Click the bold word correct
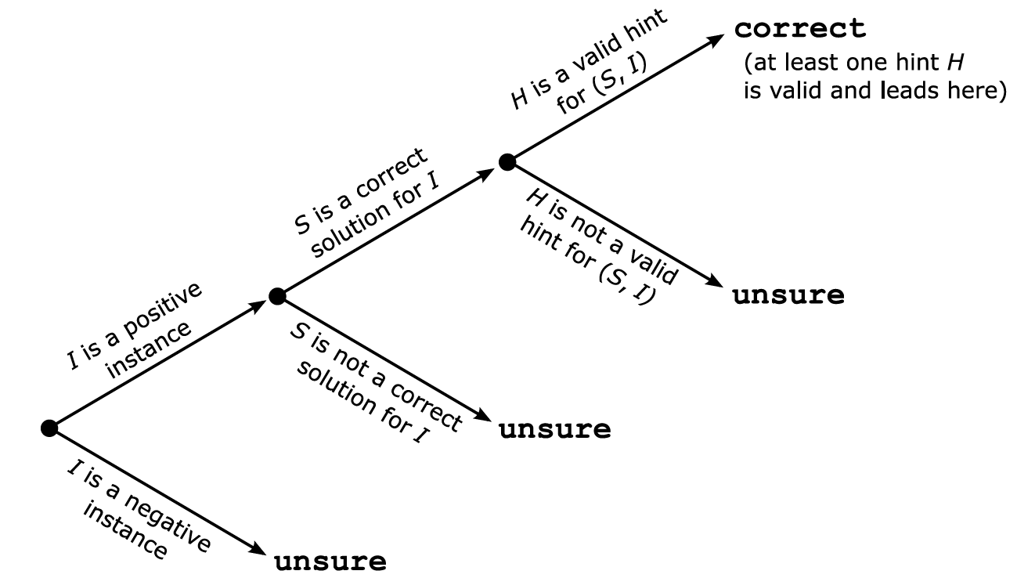tap(800, 30)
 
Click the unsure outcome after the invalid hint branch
tap(788, 296)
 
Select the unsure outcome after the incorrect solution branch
tap(554, 430)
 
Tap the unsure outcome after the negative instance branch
tap(330, 562)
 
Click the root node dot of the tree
tap(49, 428)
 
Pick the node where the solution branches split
tap(276, 296)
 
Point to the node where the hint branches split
tap(507, 162)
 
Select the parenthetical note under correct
tap(871, 78)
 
